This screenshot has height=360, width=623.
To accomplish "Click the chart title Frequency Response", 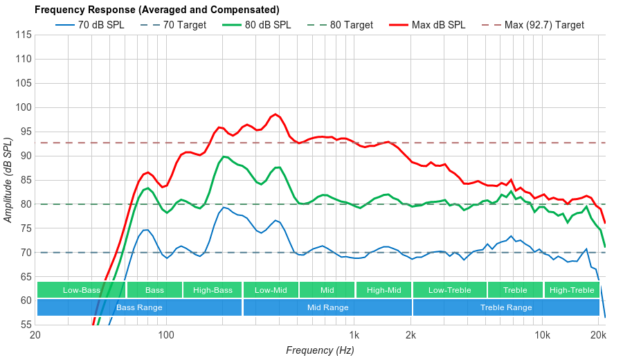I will point(156,10).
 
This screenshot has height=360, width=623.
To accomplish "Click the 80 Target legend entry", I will point(351,25).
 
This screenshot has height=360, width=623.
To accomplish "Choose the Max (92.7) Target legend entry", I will point(544,25).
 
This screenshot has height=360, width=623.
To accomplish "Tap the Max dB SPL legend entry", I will point(438,25).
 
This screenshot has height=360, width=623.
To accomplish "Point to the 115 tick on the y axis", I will point(24,35).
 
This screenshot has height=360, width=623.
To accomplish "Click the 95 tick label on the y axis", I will point(24,107).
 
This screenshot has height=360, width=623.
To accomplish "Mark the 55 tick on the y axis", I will point(24,325).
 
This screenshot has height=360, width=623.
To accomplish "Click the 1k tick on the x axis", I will point(354,336).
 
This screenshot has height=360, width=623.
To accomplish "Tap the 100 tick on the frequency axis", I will point(166,336).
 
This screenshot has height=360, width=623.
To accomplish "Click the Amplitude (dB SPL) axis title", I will point(8,180).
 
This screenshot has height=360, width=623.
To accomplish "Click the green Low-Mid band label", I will point(270,290).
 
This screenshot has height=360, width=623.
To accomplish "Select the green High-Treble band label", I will point(572,290).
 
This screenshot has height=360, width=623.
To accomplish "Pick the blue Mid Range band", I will point(327,307).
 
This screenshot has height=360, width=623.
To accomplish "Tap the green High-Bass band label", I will point(213,290).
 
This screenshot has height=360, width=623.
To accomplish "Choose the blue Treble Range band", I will point(506,307).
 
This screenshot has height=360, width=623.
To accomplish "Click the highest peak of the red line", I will point(276,114).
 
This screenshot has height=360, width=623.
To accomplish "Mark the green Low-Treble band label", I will point(450,290).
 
